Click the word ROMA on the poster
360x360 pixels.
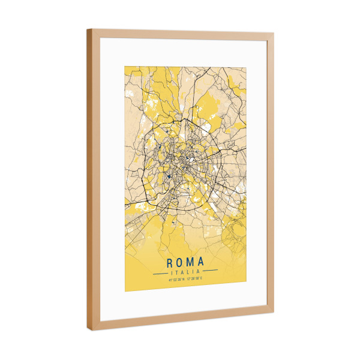(185, 262)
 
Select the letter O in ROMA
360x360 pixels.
(180, 262)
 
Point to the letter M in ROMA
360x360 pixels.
(190, 262)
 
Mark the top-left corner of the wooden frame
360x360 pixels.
(88, 29)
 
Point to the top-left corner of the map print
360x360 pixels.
(125, 65)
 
